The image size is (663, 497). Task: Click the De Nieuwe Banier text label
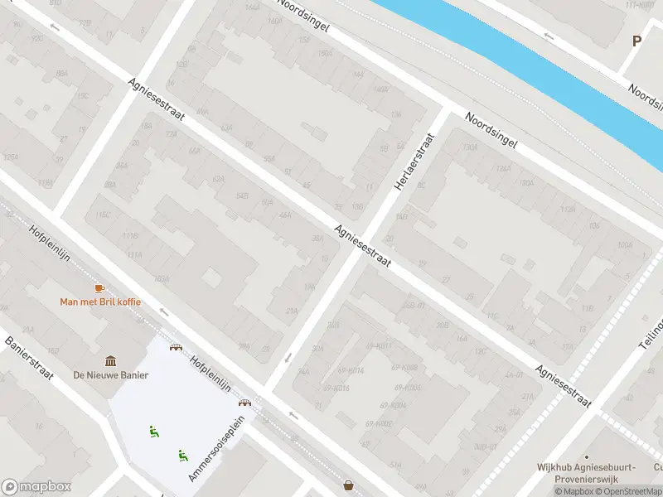[111, 374]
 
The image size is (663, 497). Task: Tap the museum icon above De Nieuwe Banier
[110, 360]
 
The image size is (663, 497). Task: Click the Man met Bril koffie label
[100, 302]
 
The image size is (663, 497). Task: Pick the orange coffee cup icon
[100, 287]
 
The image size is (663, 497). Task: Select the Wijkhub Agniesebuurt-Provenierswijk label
[585, 472]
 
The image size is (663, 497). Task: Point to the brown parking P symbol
[637, 41]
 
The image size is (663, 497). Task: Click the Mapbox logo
[36, 487]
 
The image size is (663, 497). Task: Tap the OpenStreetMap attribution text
[629, 492]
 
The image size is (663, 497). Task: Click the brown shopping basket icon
[349, 485]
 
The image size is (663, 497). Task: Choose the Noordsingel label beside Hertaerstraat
[491, 131]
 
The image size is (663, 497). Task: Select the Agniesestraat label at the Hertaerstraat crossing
[363, 246]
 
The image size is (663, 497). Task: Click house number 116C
[104, 215]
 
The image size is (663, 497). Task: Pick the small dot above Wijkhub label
[586, 456]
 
